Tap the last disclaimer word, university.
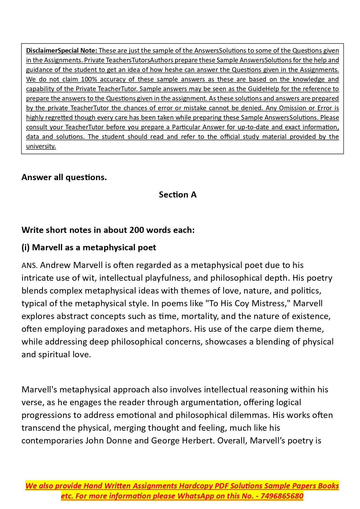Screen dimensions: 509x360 coord(41,146)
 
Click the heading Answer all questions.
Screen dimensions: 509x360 coord(64,177)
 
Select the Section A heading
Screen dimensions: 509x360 coord(178,195)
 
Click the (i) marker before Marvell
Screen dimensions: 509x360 coord(26,247)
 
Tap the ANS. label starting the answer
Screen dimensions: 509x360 coord(29,265)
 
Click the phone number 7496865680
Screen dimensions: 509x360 coord(282,496)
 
